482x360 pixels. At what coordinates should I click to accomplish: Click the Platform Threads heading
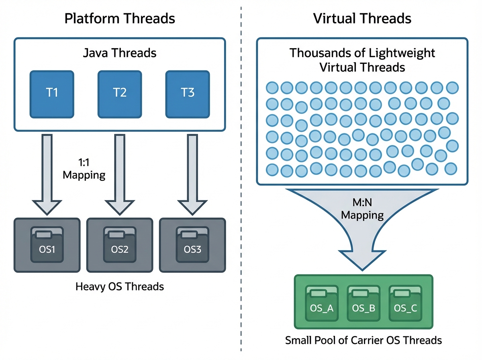[x=120, y=18]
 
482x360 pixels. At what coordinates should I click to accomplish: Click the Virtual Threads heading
[x=362, y=18]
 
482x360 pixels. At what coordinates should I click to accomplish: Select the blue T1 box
[x=52, y=94]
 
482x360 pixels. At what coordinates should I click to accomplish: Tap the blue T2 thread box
[x=120, y=94]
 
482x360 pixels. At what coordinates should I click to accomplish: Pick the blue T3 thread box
[x=188, y=94]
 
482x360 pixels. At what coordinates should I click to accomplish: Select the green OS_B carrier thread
[x=364, y=305]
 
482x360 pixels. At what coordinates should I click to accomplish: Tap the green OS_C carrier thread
[x=405, y=305]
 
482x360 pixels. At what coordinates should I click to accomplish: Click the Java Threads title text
[x=120, y=53]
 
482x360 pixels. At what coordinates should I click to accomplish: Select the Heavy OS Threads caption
[x=120, y=286]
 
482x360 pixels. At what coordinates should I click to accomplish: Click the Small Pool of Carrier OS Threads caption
[x=363, y=341]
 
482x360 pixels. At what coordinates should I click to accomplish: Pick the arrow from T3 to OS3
[x=192, y=173]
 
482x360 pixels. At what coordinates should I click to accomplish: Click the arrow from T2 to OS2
[x=120, y=173]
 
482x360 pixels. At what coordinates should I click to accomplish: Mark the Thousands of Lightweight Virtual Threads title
[x=362, y=60]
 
